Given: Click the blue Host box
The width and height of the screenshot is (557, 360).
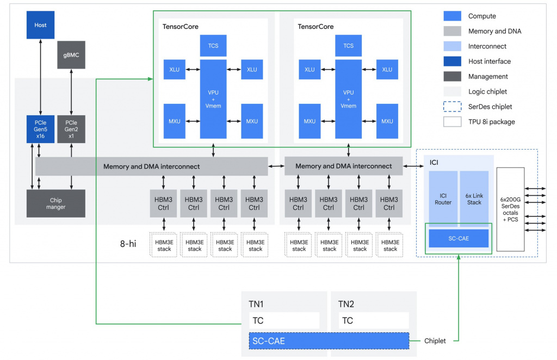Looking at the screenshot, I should click(x=40, y=25).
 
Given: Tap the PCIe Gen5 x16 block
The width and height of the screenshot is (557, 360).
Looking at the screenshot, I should click(x=40, y=129).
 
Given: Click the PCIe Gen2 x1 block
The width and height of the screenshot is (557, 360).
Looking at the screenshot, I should click(x=71, y=129).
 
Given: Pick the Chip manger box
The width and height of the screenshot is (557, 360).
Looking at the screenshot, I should click(x=55, y=203).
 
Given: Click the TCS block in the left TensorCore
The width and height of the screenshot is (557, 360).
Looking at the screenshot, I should click(x=213, y=46).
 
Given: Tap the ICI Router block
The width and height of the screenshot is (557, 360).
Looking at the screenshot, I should click(x=442, y=199).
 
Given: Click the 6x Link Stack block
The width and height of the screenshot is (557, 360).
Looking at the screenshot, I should click(x=474, y=199).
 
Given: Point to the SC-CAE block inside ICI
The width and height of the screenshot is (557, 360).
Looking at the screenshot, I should click(x=459, y=238).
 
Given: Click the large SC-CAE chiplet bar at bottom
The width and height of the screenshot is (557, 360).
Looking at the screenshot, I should click(x=329, y=340).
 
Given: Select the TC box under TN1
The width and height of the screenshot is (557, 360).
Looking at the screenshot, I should click(x=284, y=320).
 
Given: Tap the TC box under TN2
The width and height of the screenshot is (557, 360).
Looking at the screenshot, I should click(x=373, y=320).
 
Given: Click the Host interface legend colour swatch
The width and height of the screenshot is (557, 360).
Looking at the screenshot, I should click(x=452, y=61).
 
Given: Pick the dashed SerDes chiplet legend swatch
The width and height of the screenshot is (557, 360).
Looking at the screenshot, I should click(x=452, y=107).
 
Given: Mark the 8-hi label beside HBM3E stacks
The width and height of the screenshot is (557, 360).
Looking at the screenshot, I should click(x=128, y=244).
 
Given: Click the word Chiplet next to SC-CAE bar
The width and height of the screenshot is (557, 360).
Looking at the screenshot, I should click(x=435, y=341).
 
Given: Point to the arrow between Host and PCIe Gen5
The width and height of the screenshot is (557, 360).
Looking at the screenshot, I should click(x=40, y=77).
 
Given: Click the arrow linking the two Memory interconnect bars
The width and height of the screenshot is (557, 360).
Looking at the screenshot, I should click(x=276, y=166).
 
